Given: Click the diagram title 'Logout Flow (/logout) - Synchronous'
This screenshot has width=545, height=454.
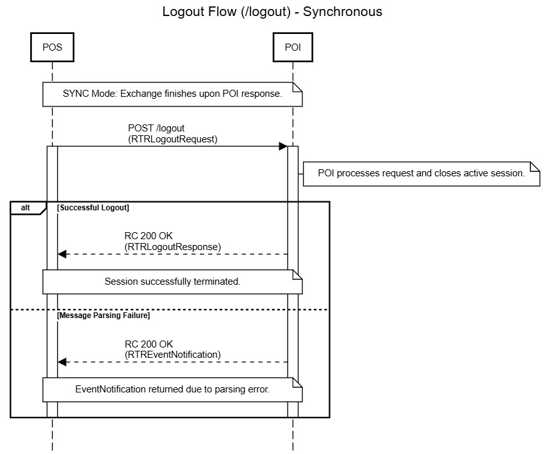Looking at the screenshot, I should tap(272, 12).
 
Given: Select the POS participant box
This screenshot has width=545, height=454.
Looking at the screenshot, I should tap(52, 47).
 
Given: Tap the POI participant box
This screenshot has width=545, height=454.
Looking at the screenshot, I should tap(293, 47).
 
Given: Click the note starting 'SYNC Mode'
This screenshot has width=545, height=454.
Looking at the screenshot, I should tap(172, 94).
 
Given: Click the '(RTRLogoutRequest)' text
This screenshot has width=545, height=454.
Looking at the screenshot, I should tap(172, 139).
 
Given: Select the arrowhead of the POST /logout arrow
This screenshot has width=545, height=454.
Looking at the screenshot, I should tap(282, 147).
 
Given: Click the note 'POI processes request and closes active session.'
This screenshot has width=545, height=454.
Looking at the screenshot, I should tap(422, 173).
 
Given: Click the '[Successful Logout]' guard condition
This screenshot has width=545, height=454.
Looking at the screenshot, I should tap(93, 208).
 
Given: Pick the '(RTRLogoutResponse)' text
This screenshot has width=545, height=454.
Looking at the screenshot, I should tap(172, 246).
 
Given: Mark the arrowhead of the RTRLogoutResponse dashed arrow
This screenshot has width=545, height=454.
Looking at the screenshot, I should tap(61, 255).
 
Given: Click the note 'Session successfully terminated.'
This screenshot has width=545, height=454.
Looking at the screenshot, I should tap(172, 281).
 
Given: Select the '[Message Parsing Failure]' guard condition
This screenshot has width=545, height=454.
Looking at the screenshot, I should tap(104, 315).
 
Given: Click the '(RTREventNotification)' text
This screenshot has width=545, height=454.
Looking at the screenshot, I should tap(172, 354).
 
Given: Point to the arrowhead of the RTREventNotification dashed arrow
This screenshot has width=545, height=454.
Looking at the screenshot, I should tap(61, 362).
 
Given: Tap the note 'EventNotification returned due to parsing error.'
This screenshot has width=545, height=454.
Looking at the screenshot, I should tap(172, 389).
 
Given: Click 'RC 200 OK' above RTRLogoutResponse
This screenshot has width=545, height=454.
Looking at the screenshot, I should tap(149, 236).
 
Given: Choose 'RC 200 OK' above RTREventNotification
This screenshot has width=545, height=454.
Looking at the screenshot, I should tap(149, 344).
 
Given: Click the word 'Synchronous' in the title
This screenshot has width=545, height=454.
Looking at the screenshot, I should tap(343, 12).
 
